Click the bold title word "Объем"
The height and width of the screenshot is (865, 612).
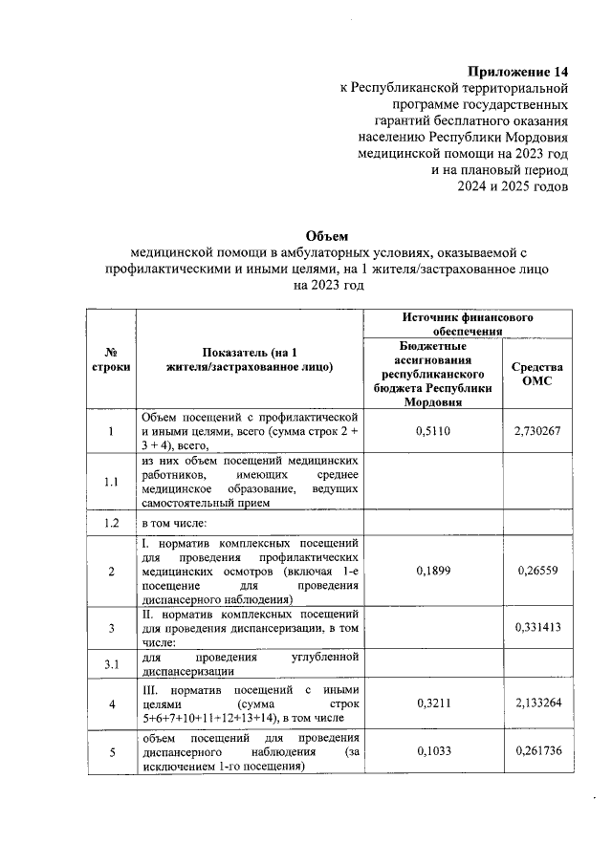[x=328, y=235]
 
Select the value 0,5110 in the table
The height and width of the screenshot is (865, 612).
[x=433, y=431]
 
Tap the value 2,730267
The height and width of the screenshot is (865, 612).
[x=536, y=431]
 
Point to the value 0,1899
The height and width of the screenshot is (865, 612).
[x=433, y=571]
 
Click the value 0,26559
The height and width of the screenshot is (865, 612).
[x=536, y=571]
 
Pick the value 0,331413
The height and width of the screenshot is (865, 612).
[x=536, y=627]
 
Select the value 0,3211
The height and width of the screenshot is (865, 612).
[x=433, y=704]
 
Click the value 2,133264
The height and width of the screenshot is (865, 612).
[x=536, y=704]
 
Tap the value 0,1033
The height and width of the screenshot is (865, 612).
[x=433, y=751]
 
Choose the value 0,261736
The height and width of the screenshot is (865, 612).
[x=536, y=751]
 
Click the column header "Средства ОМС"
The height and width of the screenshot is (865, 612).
[x=536, y=374]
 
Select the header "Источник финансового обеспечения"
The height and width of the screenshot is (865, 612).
[x=467, y=323]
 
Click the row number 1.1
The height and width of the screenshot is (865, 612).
[x=111, y=481]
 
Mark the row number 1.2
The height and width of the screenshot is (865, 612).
[x=111, y=524]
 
